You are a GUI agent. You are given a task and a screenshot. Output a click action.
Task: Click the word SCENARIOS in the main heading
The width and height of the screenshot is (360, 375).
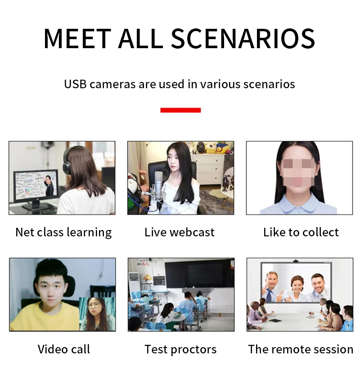tap(243, 39)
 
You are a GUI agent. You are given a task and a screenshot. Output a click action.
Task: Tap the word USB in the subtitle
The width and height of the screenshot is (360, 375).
tap(75, 84)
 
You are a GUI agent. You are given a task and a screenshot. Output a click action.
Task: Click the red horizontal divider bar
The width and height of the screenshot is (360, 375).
tap(180, 110)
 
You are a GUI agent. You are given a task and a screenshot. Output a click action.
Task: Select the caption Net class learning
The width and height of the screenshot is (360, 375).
tap(63, 232)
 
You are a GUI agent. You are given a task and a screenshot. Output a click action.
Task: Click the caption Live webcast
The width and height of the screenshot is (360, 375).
tap(180, 232)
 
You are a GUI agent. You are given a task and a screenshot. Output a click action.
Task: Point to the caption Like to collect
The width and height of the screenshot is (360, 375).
tap(301, 232)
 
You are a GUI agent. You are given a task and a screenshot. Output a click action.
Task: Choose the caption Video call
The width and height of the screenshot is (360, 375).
tap(64, 349)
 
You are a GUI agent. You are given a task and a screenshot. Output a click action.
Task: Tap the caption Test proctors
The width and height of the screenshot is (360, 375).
tap(180, 349)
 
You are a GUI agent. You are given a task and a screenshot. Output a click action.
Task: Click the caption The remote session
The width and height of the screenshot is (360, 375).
tap(301, 349)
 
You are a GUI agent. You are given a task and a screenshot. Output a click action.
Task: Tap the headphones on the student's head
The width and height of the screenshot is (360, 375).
tap(67, 158)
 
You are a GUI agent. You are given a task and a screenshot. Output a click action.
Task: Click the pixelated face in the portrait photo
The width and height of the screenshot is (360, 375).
tap(298, 171)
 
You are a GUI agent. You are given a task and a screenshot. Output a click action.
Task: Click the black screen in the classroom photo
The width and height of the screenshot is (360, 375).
tap(199, 274)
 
